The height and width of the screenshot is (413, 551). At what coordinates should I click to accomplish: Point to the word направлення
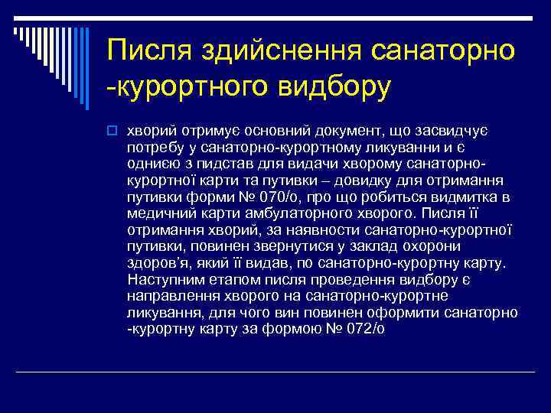click(x=166, y=295)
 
